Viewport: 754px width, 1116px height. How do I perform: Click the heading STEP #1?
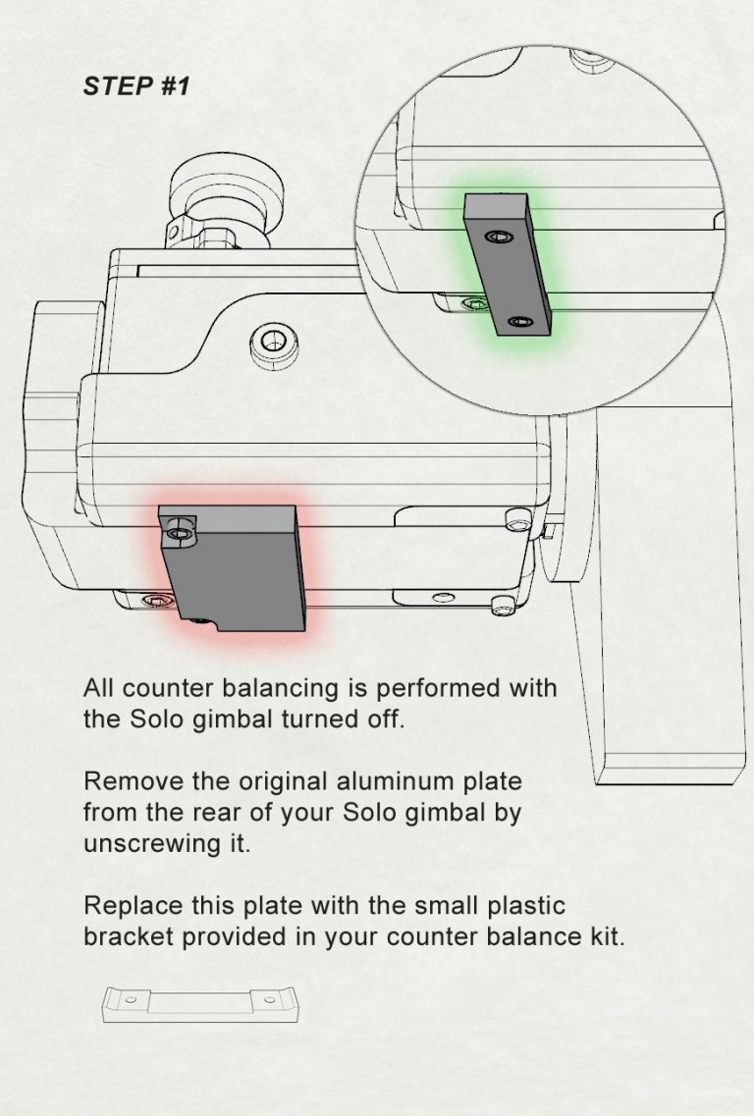[x=135, y=86]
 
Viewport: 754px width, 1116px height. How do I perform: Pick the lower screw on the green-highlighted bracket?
[x=519, y=321]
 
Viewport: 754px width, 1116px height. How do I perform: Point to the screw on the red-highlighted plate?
[x=178, y=533]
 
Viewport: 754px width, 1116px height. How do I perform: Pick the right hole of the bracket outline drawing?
[x=269, y=998]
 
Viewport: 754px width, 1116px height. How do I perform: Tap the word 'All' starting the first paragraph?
[x=98, y=687]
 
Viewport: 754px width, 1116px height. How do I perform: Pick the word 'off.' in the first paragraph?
[x=384, y=718]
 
